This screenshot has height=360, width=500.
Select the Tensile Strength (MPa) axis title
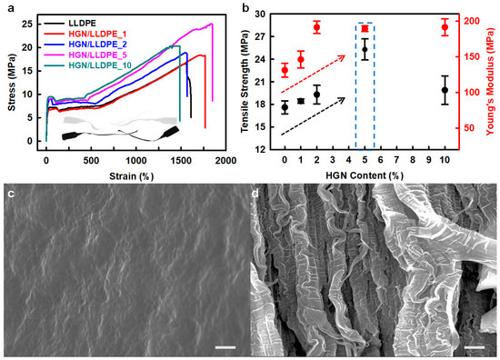pyautogui.click(x=246, y=80)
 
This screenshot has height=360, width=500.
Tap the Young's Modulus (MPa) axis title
pyautogui.click(x=491, y=80)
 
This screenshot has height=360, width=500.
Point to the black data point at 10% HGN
pyautogui.click(x=445, y=90)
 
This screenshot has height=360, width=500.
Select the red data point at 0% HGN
pyautogui.click(x=285, y=70)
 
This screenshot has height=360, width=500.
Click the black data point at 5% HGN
pyautogui.click(x=365, y=49)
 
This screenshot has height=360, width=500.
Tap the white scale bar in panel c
pyautogui.click(x=220, y=346)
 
